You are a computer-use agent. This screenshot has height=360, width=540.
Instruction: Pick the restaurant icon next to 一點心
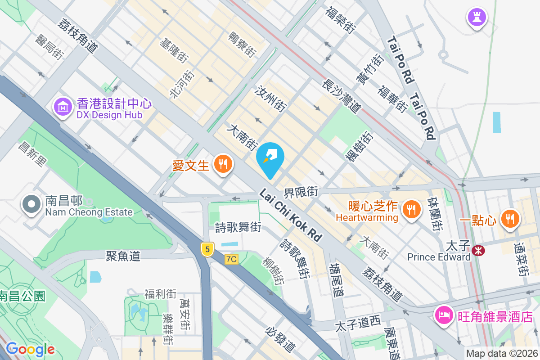click(509, 219)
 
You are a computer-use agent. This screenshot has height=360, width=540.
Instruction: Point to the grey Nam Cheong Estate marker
click(31, 204)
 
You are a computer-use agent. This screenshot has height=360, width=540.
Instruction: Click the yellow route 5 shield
click(207, 249)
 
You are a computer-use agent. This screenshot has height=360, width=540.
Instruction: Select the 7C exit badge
click(231, 259)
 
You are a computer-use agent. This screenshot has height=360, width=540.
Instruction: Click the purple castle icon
click(476, 18)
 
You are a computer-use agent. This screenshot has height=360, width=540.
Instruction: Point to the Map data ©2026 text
click(501, 354)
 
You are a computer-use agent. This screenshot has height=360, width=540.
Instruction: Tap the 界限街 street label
click(301, 192)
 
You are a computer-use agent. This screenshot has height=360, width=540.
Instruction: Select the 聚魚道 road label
click(123, 256)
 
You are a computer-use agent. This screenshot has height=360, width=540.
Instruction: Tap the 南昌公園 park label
click(22, 296)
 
